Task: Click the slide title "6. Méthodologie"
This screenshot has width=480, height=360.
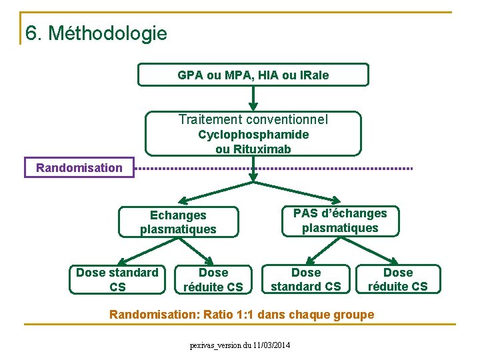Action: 96,32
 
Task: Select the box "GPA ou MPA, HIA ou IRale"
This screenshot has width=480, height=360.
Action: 253,75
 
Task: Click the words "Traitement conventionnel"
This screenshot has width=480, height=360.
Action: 253,120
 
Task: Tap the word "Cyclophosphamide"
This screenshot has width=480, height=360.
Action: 253,135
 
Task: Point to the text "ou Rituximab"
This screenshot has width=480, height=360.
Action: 253,149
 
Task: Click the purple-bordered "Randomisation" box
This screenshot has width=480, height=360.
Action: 79,167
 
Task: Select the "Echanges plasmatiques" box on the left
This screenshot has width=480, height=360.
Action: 178,222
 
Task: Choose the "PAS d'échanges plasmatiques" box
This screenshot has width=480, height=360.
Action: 340,221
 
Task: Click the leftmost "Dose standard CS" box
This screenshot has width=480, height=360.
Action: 117,279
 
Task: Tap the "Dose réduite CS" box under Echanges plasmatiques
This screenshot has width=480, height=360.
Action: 213,279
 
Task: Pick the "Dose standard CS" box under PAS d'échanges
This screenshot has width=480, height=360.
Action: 306,279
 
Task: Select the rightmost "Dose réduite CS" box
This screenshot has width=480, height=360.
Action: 398,279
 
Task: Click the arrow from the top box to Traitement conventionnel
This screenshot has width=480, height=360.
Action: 253,98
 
